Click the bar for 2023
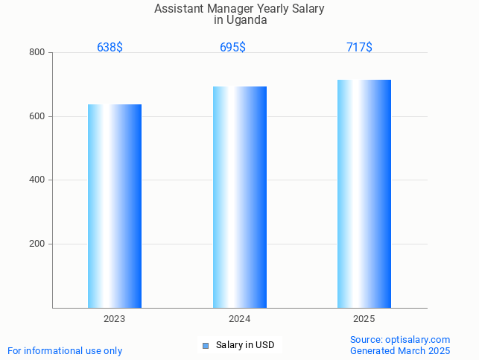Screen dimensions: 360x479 pos(115,206)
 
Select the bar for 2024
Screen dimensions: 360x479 pos(240,197)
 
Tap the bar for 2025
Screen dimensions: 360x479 pos(364,194)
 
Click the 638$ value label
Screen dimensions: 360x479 pos(110,47)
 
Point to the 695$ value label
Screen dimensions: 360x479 pos(232,47)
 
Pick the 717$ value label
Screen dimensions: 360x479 pos(359,47)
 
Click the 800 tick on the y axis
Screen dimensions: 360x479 pos(37,52)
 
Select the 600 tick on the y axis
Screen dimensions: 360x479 pos(37,116)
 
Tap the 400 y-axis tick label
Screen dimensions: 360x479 pos(37,180)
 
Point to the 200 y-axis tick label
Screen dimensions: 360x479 pos(37,244)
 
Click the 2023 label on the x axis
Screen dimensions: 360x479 pos(115,319)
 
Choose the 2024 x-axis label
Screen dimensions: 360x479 pos(239,319)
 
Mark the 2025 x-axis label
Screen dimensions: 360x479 pos(364,319)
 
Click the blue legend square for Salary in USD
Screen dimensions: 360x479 pos(206,345)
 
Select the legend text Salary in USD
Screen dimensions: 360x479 pos(245,345)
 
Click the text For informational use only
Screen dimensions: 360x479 pos(65,350)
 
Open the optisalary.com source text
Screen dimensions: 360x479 pos(400,339)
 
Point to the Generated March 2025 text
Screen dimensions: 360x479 pos(400,350)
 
